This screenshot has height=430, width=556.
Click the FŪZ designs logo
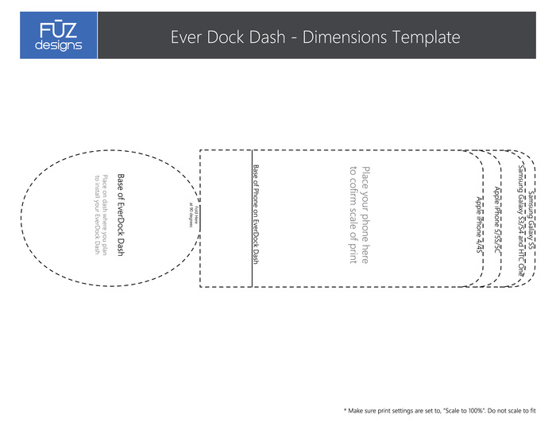pos(59,36)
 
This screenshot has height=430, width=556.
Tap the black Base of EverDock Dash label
pos(122,215)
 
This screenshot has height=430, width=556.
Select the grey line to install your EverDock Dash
pos(96,215)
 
